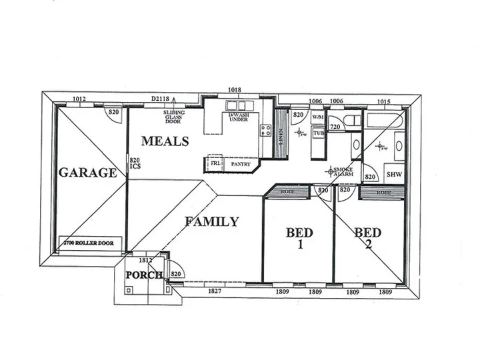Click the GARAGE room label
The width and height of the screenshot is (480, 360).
(87, 173)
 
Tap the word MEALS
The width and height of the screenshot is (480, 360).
(165, 141)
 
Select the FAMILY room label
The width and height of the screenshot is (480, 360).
(211, 222)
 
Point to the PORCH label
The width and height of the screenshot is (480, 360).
(144, 275)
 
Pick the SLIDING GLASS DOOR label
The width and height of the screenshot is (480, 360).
(174, 117)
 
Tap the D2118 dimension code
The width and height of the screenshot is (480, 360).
(161, 99)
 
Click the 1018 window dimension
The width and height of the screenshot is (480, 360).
(234, 90)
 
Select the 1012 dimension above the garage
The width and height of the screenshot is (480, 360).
(79, 99)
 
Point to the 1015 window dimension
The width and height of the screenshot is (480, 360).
(384, 101)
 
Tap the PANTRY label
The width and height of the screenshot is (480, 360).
(240, 163)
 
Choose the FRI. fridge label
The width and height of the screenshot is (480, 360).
(215, 163)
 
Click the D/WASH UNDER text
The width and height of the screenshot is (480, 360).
(238, 118)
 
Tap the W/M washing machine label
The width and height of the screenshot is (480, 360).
(317, 117)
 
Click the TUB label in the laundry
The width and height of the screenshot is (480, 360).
(319, 133)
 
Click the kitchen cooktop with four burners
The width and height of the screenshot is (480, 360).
(266, 130)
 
